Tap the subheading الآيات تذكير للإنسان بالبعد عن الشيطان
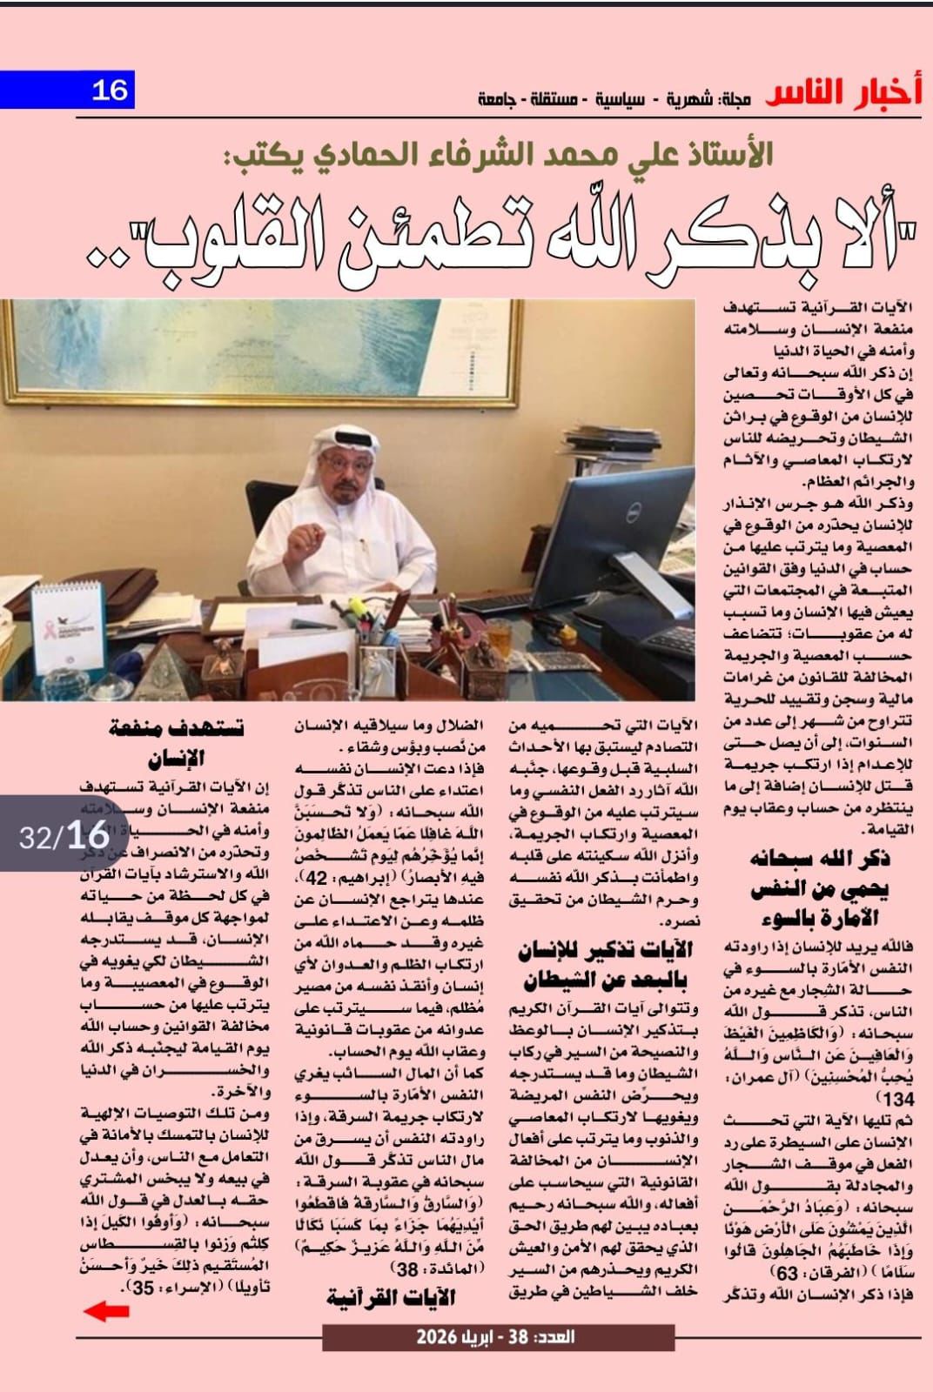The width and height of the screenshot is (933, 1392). click(x=605, y=964)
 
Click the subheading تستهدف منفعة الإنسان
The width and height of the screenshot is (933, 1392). click(x=178, y=741)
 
